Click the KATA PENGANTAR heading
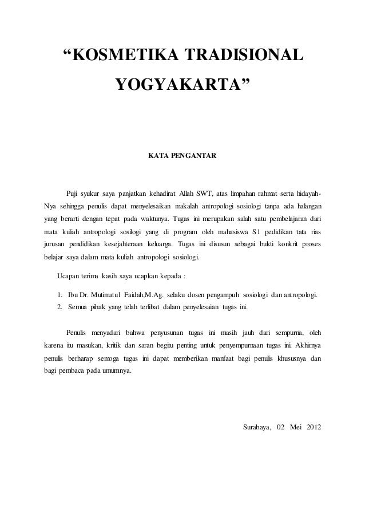(x=182, y=155)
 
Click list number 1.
(x=60, y=295)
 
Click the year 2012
(x=314, y=428)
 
